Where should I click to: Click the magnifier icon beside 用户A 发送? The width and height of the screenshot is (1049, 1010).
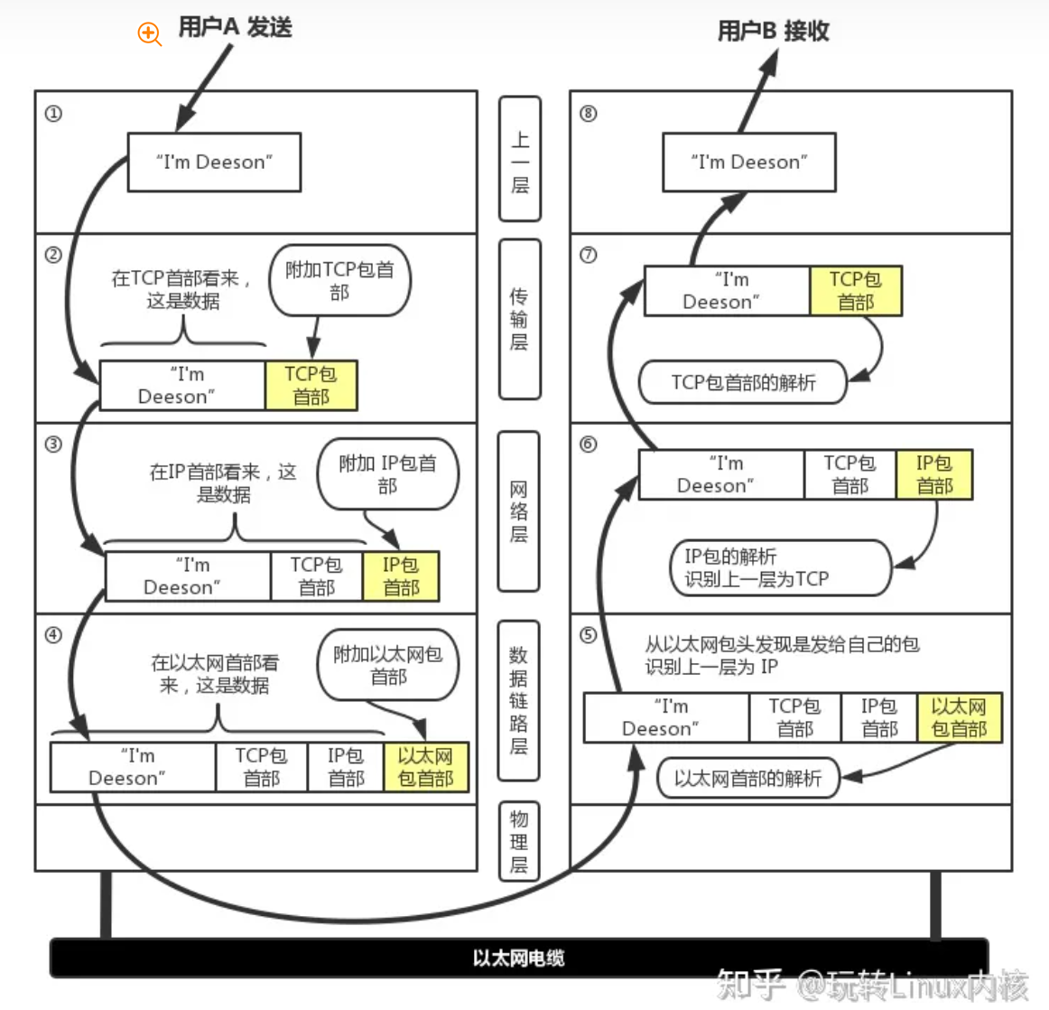149,34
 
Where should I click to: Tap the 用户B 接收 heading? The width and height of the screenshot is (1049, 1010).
773,31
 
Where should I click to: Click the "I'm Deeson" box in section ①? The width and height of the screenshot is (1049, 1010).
214,163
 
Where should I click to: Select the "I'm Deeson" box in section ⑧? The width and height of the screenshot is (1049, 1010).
749,163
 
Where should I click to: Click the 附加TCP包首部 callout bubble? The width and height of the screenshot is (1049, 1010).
340,280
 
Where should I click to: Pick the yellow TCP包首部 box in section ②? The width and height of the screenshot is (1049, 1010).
311,386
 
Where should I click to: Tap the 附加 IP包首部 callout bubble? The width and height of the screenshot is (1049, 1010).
388,474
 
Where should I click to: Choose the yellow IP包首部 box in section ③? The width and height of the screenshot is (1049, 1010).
401,576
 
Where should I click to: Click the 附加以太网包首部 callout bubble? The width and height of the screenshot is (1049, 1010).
388,666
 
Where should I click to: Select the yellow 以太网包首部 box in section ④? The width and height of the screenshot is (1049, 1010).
426,767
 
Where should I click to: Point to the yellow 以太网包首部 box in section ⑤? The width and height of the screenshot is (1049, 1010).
960,718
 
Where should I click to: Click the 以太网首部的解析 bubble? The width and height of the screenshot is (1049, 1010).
747,778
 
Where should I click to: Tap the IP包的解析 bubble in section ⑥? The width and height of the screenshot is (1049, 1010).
781,568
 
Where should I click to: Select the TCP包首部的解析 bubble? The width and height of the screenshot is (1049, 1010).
743,382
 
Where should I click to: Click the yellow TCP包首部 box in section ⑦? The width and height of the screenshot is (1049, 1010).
856,291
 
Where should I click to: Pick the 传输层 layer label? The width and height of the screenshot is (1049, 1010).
519,319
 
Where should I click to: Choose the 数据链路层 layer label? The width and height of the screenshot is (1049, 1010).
519,700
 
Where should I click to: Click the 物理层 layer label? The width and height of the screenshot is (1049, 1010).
519,841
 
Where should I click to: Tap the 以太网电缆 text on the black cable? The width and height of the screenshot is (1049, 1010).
519,958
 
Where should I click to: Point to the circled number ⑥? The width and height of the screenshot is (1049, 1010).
588,444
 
